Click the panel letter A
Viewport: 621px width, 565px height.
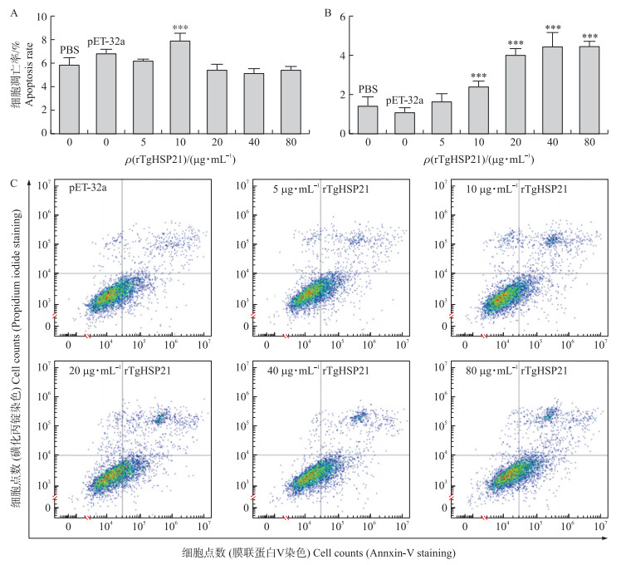click(12, 12)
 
